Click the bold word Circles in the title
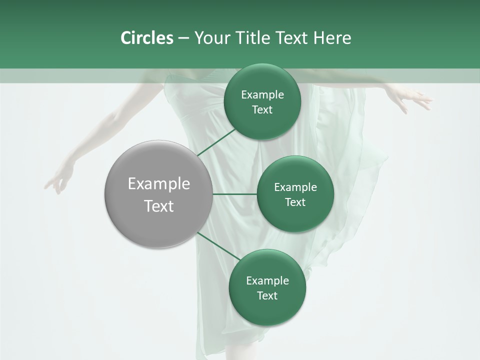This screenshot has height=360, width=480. (146, 38)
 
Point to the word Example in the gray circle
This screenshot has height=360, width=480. (158, 184)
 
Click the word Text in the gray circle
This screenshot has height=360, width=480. (158, 206)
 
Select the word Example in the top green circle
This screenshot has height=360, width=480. (262, 94)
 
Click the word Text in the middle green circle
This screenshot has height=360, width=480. (295, 202)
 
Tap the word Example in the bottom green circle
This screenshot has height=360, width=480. (267, 280)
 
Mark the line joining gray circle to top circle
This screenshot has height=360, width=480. (216, 142)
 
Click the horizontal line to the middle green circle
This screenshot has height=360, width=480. (234, 194)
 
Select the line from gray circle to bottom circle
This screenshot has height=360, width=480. (218, 246)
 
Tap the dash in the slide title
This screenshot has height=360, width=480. (183, 38)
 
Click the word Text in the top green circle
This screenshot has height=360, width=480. (262, 110)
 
